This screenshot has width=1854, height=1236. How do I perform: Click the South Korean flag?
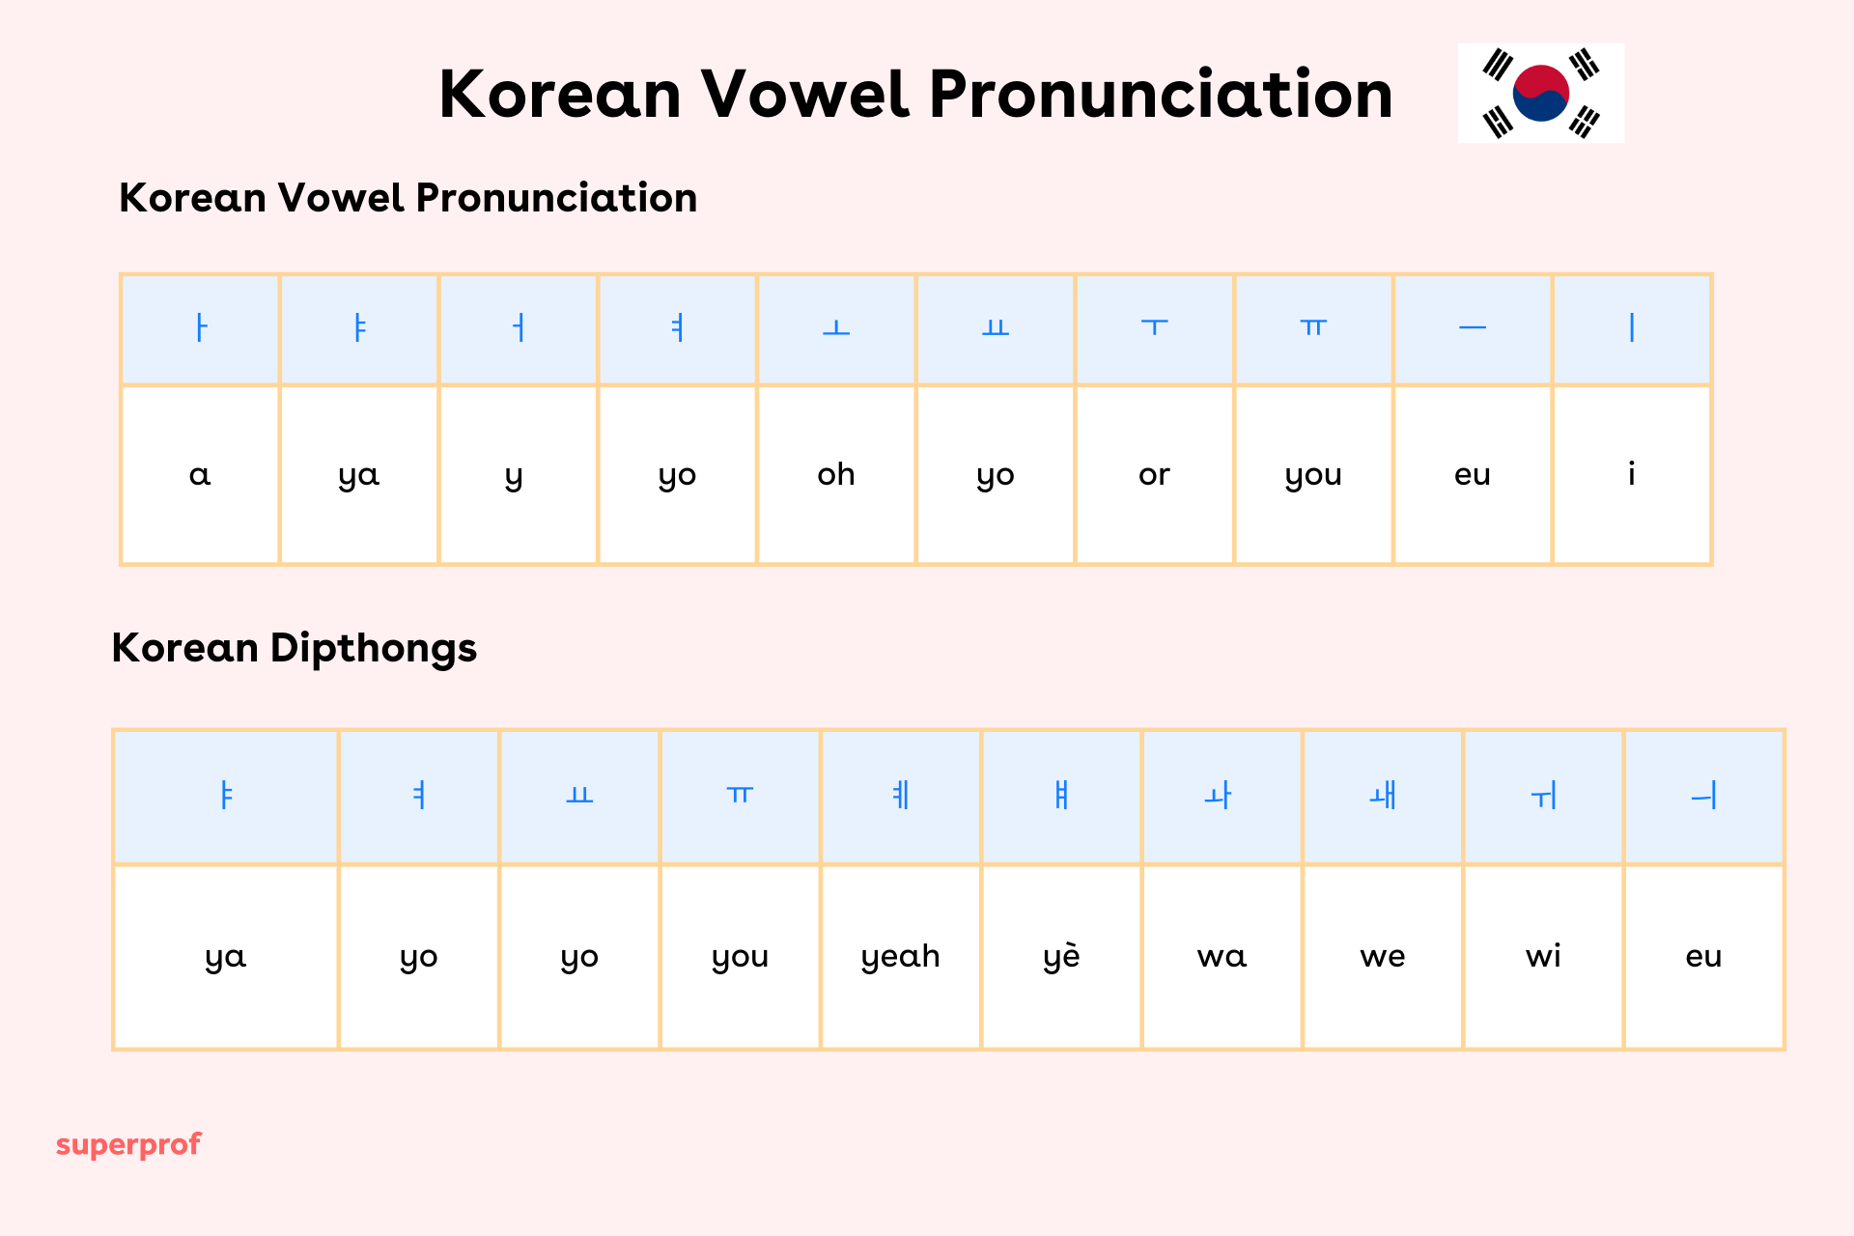[x=1540, y=93]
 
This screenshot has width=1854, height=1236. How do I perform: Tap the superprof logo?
[x=128, y=1144]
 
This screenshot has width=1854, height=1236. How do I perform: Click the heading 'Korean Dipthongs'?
[x=294, y=648]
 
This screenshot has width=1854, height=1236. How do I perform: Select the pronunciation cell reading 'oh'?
[x=836, y=474]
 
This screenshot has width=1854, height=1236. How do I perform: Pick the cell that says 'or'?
[x=1154, y=474]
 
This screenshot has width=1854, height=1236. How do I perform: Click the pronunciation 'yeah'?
[x=900, y=956]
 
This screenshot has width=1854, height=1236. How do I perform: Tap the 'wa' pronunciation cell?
[x=1222, y=956]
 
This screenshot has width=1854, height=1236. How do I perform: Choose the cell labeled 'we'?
[x=1382, y=956]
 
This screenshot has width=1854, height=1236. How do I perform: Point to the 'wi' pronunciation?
[x=1543, y=956]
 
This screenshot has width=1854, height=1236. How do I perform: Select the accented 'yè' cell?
[x=1061, y=956]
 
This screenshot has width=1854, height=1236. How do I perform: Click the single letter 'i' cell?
[x=1631, y=474]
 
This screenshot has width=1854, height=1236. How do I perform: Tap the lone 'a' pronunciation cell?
[x=200, y=474]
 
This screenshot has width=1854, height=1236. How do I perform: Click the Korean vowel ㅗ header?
[x=836, y=329]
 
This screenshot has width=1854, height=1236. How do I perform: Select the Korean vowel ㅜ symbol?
[x=1154, y=327]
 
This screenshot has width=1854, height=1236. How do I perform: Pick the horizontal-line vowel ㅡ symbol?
[x=1473, y=328]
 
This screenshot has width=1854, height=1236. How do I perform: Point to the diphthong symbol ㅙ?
[x=1383, y=797]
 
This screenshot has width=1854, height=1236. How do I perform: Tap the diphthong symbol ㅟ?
[x=1543, y=797]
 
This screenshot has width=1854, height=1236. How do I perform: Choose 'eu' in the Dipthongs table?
[x=1703, y=956]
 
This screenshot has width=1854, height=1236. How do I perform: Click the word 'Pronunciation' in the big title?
[x=1161, y=95]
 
